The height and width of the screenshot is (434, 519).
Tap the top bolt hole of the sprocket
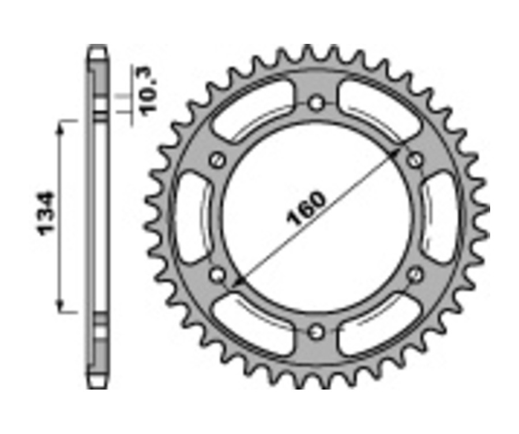pos(316,104)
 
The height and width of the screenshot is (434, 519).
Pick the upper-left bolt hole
pos(217,160)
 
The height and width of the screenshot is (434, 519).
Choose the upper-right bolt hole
pos(415,160)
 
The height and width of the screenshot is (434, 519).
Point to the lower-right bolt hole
pos(415,275)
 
